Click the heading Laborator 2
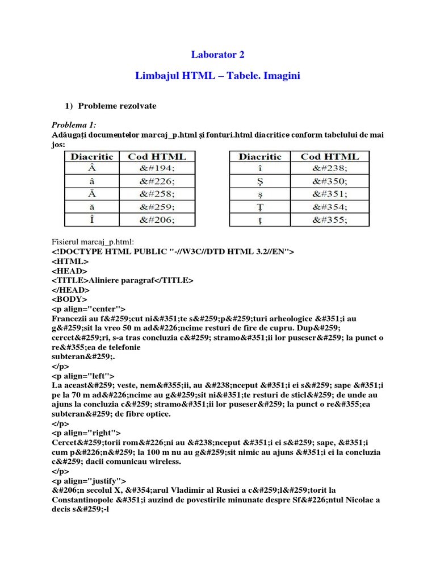coord(217,55)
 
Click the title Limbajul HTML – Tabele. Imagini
coord(218,76)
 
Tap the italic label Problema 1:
coord(74,124)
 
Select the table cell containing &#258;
coord(157,194)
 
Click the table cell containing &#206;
coord(157,219)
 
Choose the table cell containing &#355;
coord(329,219)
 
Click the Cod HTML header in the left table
coord(157,156)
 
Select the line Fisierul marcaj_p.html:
coord(94,243)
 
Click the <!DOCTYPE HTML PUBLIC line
coord(173,252)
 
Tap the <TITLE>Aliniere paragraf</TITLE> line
coord(123,280)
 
